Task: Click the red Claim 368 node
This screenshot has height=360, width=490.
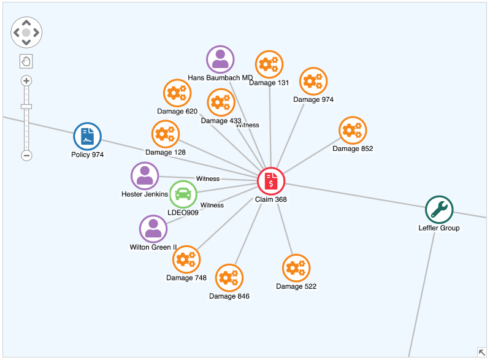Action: pos(271,181)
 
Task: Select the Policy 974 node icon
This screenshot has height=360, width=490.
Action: pos(87,136)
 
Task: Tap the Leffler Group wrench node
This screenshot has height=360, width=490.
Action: pos(439,210)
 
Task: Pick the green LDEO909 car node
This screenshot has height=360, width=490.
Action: pos(183,194)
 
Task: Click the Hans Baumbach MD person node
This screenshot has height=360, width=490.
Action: pos(220,59)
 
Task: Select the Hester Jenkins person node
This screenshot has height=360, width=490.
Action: pos(145,176)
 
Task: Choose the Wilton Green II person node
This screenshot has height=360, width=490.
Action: pos(153,229)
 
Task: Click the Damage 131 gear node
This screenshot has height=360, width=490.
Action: pos(269,64)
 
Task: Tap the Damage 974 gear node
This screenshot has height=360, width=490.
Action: pos(313,81)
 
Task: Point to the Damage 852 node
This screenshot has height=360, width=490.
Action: pos(353,130)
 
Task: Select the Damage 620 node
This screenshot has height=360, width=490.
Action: pos(177,93)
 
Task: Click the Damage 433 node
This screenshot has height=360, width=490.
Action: pos(221,102)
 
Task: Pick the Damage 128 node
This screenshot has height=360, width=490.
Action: pos(166,134)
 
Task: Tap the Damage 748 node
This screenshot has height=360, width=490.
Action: pos(186,259)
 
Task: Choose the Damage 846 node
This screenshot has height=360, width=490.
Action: pos(229,278)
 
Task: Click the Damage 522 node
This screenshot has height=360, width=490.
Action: pos(296,268)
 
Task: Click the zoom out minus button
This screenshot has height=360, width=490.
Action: pos(26,155)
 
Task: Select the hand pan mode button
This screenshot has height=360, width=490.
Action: pos(26,61)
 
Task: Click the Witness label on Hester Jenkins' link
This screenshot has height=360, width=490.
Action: pos(208,179)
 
